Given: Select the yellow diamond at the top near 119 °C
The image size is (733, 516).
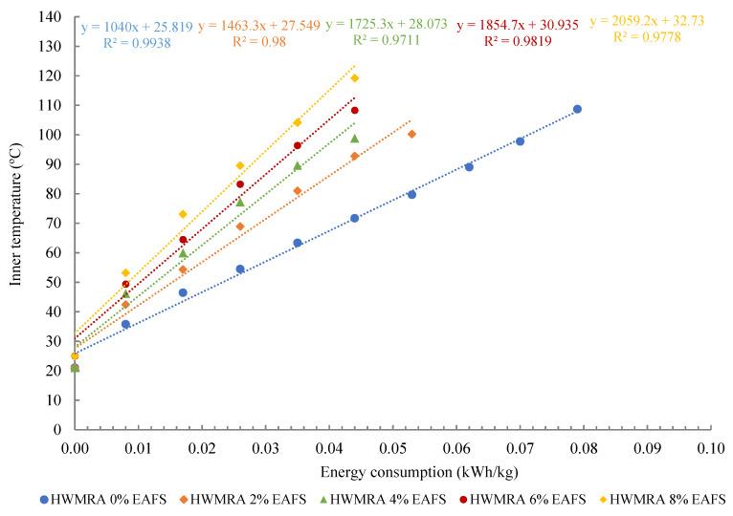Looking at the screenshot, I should pos(354,78).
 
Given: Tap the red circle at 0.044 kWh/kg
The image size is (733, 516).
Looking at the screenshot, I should pos(354,110).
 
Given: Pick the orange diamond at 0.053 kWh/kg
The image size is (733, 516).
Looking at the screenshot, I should pos(411,134).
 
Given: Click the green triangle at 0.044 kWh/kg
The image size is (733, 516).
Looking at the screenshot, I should pos(354,139).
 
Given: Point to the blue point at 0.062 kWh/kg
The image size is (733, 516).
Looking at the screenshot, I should pos(469,166).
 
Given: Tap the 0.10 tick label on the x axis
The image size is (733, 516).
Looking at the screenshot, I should pos(710,447).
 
